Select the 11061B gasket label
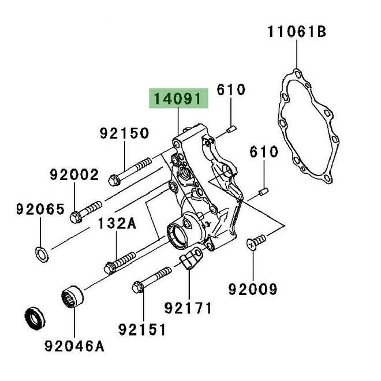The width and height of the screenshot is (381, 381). click(296, 31)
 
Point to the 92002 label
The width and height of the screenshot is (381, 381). click(74, 174)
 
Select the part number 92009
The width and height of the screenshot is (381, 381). click(253, 287)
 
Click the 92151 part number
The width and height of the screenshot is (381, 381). click(142, 330)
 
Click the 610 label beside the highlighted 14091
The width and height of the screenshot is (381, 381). click(231, 89)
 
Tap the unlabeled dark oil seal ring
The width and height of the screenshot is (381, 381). click(34, 317)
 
